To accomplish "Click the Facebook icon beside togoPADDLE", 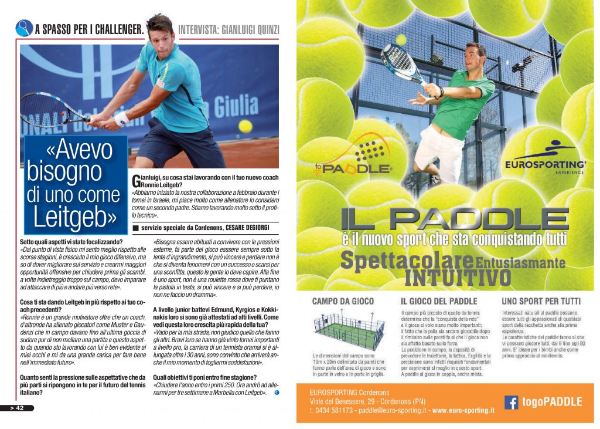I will point(512,402).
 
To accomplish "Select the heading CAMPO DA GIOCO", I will point(343,302).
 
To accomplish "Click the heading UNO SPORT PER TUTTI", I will point(540,302).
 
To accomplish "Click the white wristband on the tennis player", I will point(122,119).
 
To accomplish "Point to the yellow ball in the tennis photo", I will point(246,126).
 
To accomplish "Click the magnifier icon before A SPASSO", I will point(24,28).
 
